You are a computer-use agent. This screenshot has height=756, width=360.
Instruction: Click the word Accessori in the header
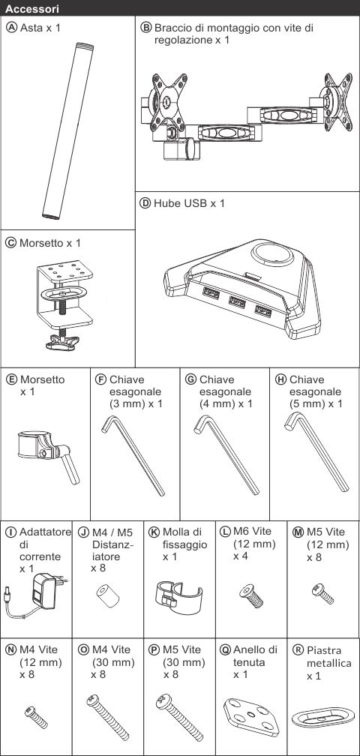pyautogui.click(x=32, y=8)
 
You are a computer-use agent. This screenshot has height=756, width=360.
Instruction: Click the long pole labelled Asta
pyautogui.click(x=67, y=131)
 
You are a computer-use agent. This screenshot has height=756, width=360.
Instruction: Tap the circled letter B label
pyautogui.click(x=146, y=28)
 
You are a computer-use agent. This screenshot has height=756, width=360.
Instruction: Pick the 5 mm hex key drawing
pyautogui.click(x=316, y=451)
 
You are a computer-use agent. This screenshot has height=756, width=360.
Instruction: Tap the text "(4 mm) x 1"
pyautogui.click(x=226, y=403)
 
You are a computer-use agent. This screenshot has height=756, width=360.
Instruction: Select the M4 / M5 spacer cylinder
pyautogui.click(x=107, y=597)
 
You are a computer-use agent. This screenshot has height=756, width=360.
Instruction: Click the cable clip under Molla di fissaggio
pyautogui.click(x=178, y=598)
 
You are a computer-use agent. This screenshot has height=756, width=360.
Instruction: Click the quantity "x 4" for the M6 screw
pyautogui.click(x=240, y=556)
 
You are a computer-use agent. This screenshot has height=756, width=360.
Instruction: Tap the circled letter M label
pyautogui.click(x=298, y=532)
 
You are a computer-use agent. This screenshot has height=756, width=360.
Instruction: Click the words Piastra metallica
pyautogui.click(x=329, y=657)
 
